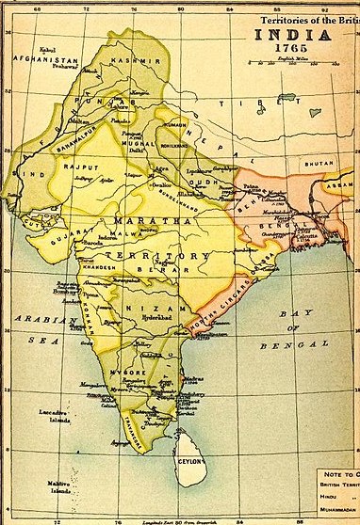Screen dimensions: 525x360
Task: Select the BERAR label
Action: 160,266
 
